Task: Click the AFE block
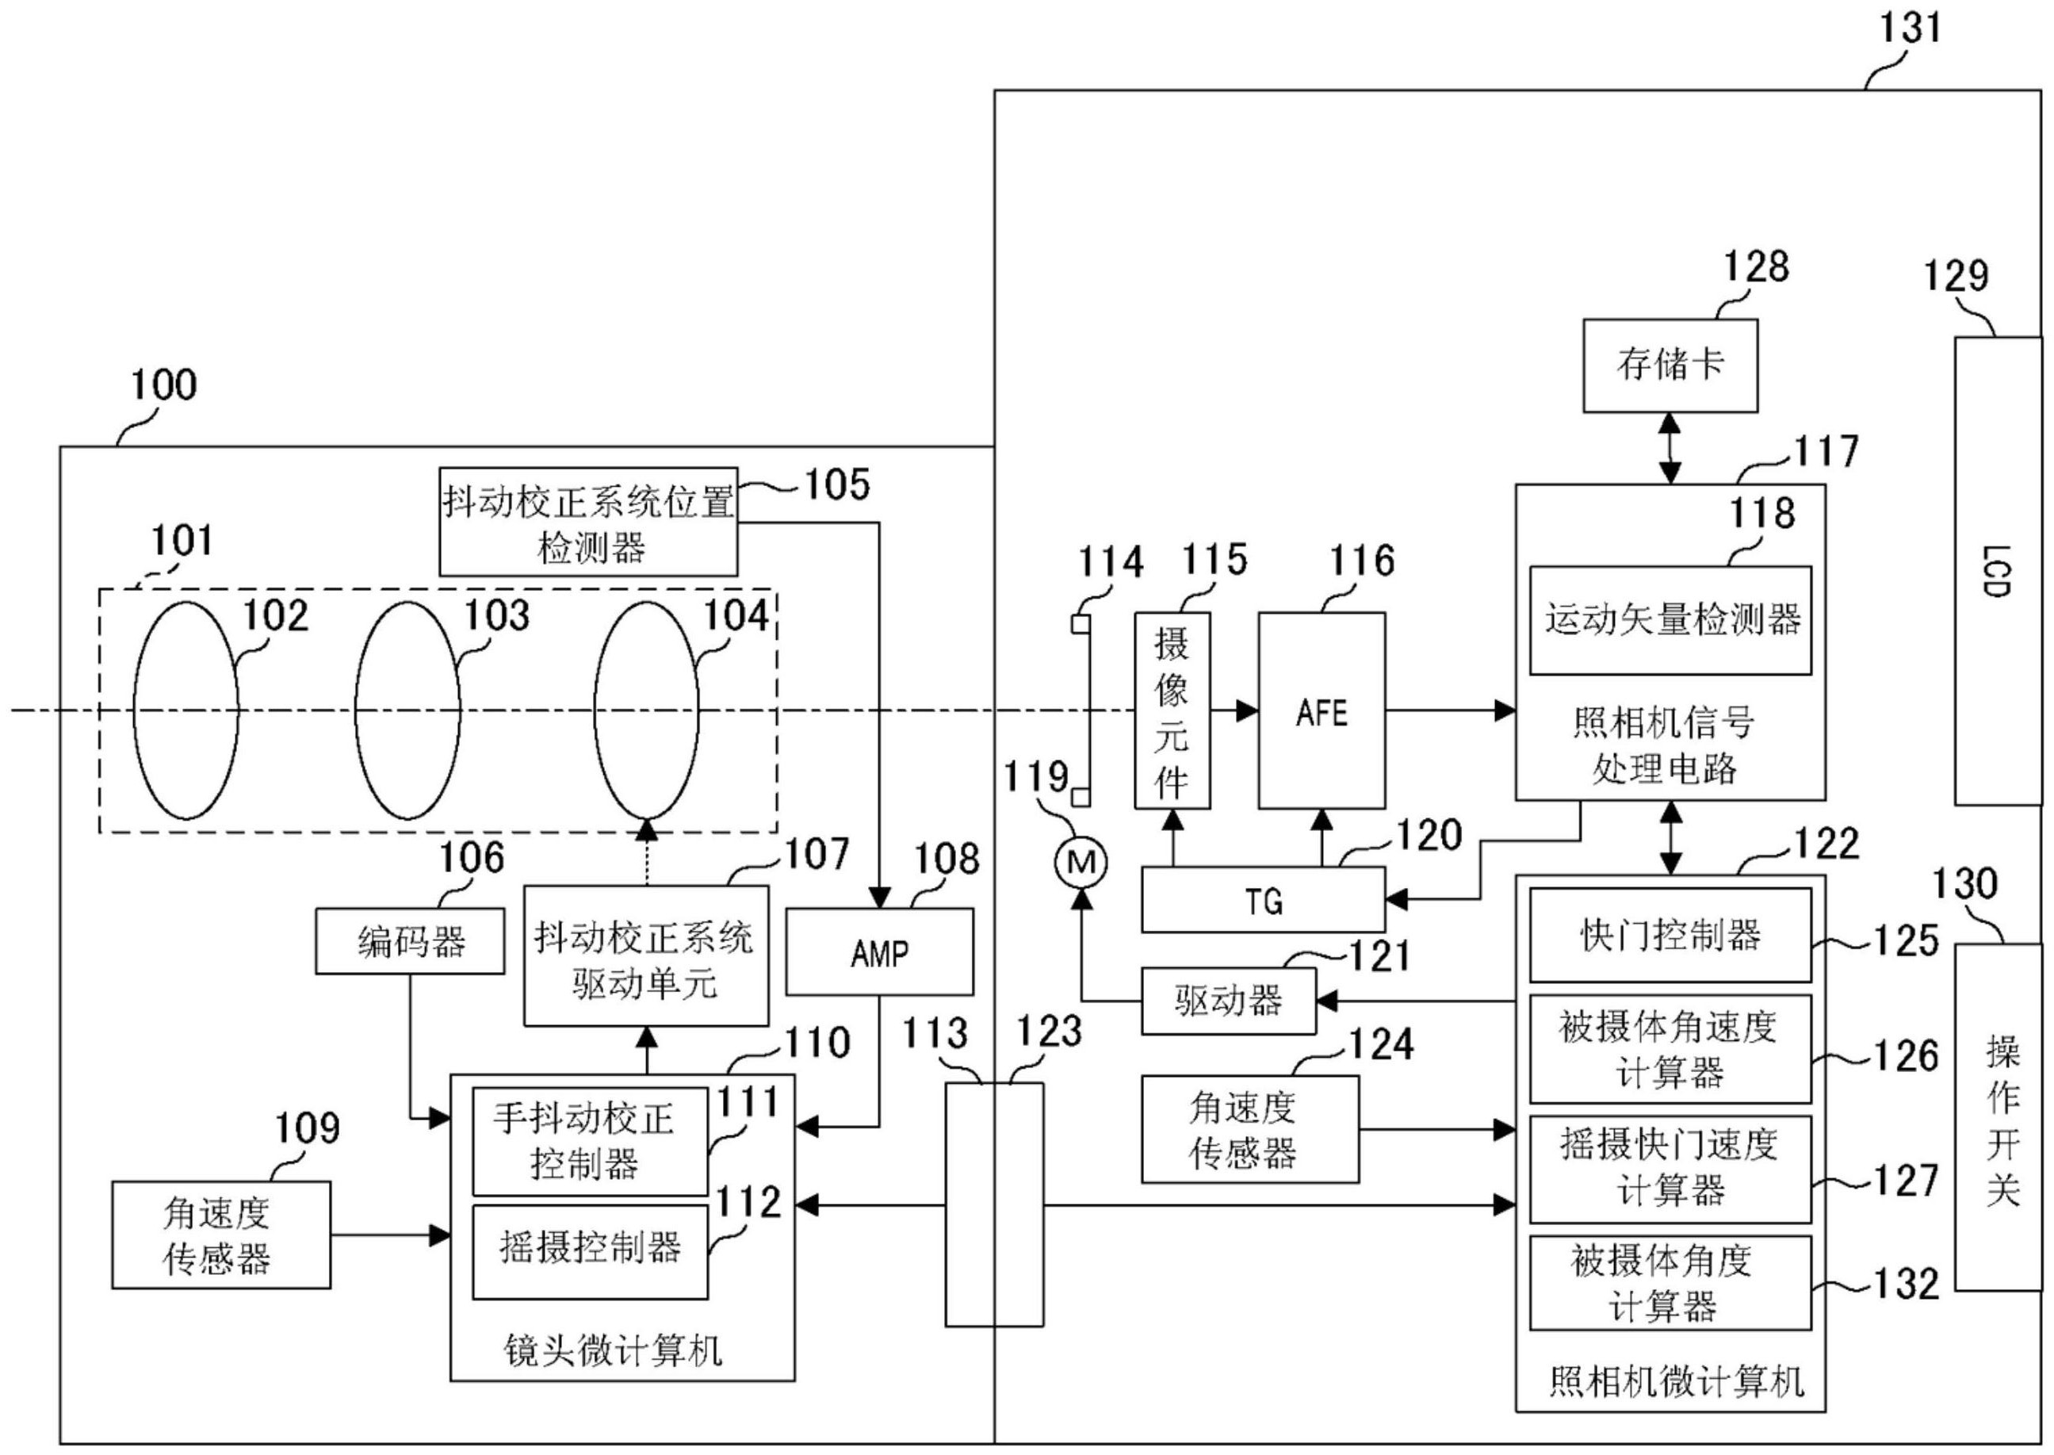[1322, 710]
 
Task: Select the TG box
[1263, 899]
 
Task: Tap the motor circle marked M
[1081, 863]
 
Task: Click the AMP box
[878, 952]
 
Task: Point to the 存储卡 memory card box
[1670, 366]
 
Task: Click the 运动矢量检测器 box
[1670, 620]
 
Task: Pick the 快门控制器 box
[1670, 936]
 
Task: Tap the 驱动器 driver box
[1228, 1001]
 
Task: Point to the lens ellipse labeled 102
[186, 710]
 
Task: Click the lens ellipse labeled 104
[646, 710]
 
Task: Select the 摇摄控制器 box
[590, 1250]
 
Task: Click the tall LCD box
[1998, 571]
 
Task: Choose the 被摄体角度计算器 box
[1670, 1283]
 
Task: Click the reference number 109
[306, 1128]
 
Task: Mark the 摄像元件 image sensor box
[1172, 710]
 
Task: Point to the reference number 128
[1756, 267]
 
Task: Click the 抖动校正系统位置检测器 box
[587, 522]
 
